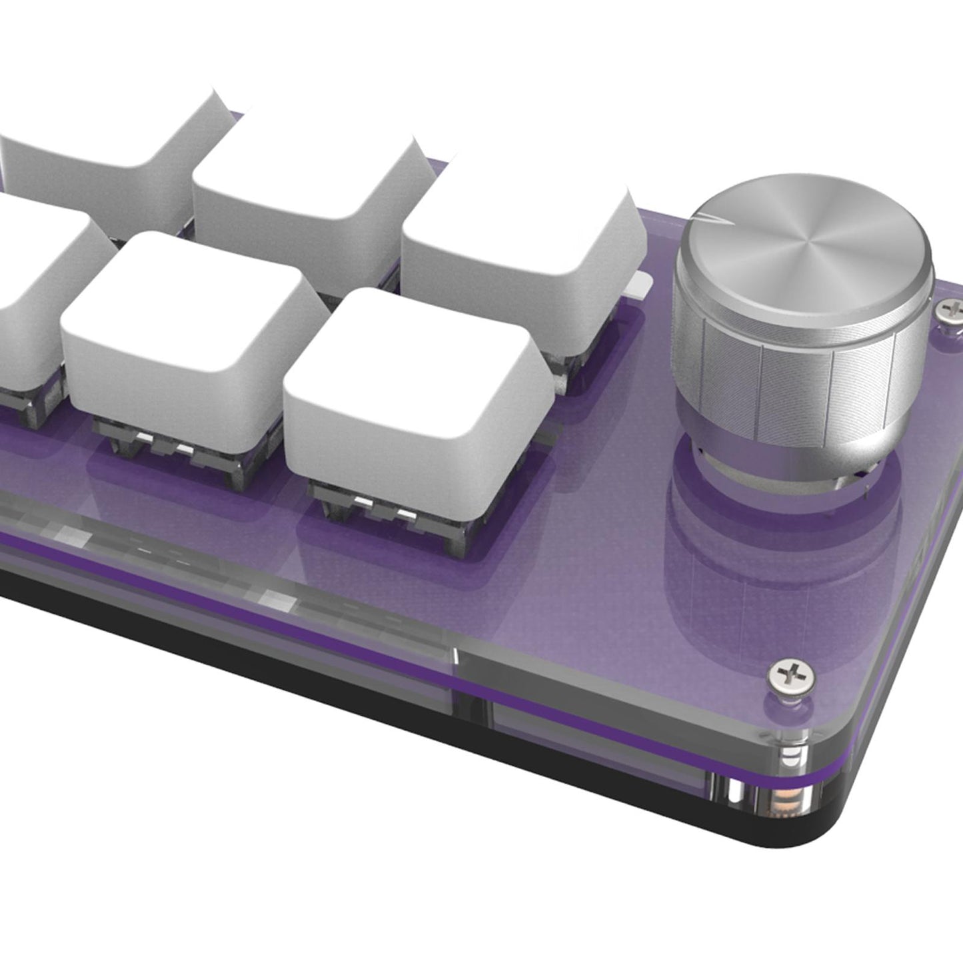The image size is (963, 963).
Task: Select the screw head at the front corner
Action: pyautogui.click(x=790, y=676)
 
